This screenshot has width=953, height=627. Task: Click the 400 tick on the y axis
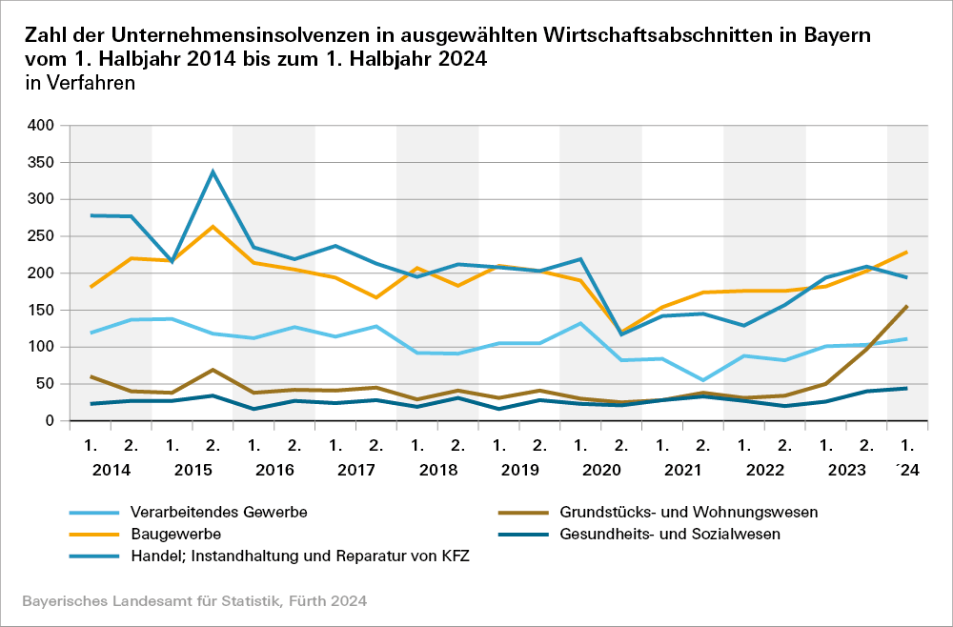[x=41, y=126]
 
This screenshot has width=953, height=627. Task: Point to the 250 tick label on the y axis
[x=41, y=236]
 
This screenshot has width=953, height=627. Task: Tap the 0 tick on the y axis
[x=51, y=421]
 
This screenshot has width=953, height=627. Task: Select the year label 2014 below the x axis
[x=111, y=471]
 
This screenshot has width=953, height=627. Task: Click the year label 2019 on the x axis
[x=519, y=471]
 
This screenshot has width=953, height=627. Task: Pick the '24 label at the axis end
[x=908, y=471]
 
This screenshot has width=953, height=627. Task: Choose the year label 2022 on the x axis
[x=764, y=471]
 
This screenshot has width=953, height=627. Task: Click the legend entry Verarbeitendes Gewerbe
[x=218, y=513]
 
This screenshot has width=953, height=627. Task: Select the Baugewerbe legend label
[x=175, y=535]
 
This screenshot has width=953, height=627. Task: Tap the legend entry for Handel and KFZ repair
[x=298, y=556]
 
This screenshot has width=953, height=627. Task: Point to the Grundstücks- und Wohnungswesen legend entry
[x=689, y=513]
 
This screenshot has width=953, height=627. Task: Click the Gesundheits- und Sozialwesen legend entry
[x=670, y=535]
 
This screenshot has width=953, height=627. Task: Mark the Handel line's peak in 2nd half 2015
[x=213, y=172]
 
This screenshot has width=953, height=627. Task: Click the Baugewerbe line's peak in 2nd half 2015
[x=213, y=227]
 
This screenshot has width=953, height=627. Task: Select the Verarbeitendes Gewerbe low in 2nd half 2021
[x=703, y=380]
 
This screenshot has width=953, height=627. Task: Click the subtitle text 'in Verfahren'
[x=80, y=83]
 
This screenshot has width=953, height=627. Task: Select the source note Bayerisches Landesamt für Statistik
[x=193, y=601]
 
